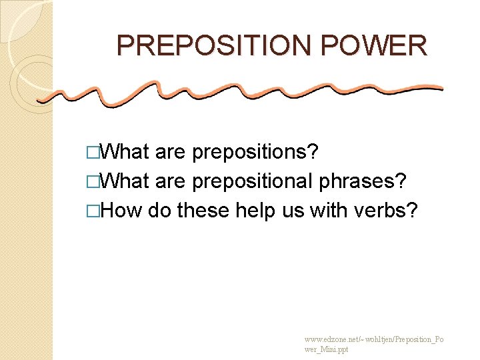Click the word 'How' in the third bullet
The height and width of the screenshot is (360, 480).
pos(123,211)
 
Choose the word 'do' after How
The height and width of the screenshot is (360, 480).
pos(159,211)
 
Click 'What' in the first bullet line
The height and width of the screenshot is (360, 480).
pos(127,153)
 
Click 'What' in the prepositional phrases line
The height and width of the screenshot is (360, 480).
pos(127,182)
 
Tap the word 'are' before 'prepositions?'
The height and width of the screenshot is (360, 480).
pos(170,153)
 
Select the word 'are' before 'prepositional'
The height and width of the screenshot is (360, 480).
pos(170,182)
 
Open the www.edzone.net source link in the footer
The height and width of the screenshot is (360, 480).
pos(373,344)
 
